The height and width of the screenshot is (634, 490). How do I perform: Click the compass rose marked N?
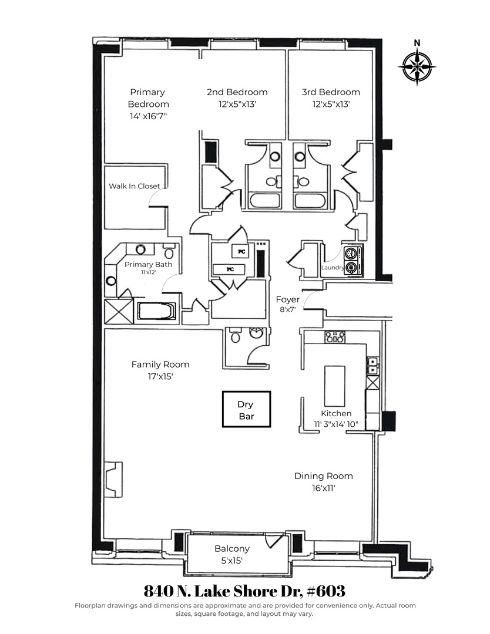point(417,65)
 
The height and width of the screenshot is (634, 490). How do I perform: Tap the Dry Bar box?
point(246,410)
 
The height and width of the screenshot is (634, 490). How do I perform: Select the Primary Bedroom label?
point(148,98)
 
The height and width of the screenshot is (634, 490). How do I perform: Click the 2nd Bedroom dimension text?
point(237,104)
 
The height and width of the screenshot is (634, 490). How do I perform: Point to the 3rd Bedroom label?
point(331,92)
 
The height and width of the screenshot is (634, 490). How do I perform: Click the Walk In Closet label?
point(134,186)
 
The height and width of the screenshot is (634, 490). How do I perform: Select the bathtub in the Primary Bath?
point(156,311)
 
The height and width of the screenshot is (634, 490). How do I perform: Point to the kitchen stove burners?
point(335,337)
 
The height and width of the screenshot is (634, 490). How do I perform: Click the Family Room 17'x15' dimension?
point(160,376)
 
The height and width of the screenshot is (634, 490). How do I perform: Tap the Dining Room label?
point(324,476)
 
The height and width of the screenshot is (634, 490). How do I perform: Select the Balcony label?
point(231,549)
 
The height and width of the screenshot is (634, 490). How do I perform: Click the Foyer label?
point(288,300)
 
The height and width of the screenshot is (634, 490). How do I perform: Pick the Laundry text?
point(332,268)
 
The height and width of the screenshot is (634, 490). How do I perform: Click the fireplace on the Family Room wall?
point(112,479)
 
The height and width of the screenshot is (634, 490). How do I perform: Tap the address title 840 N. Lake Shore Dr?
point(244,589)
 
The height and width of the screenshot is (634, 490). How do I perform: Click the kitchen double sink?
point(371,366)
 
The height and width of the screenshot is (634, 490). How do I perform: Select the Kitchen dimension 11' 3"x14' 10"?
point(335,424)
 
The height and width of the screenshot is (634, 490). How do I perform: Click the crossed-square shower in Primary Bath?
point(118,311)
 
